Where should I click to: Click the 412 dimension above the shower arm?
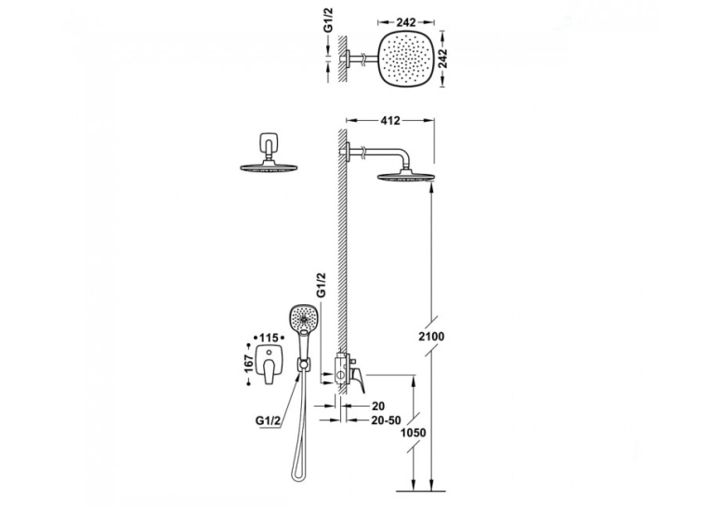[x=390, y=121]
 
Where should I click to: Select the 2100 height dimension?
[x=431, y=337]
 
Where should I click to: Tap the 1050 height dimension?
[x=413, y=433]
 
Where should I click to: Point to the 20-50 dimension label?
[x=385, y=420]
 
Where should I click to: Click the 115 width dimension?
[x=269, y=338]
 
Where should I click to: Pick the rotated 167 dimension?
[x=248, y=364]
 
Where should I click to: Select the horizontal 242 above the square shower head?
[x=406, y=21]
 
